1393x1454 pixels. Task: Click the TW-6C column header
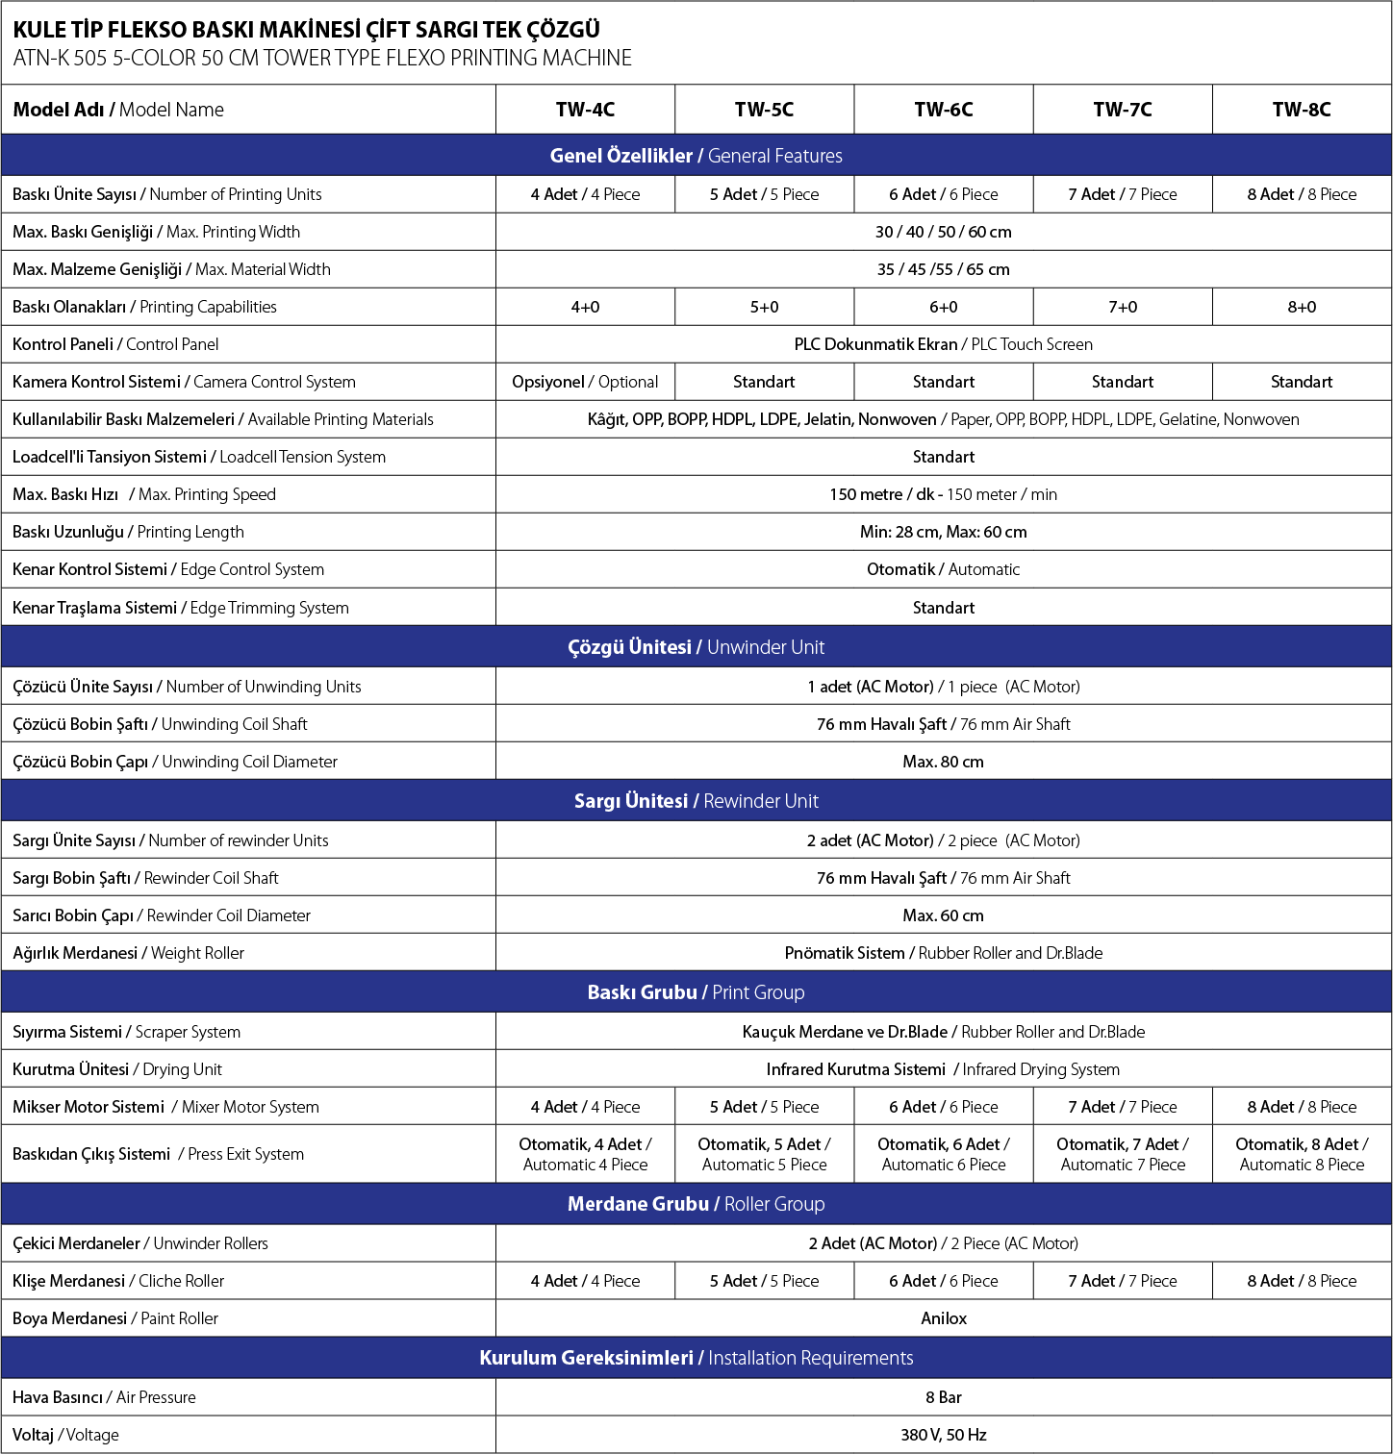943,110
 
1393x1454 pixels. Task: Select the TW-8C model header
1302,110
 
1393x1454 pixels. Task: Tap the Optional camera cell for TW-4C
585,382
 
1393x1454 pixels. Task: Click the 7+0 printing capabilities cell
1123,307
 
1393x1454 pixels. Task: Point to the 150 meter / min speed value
943,494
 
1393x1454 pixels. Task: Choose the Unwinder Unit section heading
696,647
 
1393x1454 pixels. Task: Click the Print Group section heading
696,992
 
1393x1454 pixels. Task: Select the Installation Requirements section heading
696,1358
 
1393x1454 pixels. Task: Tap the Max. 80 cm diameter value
943,762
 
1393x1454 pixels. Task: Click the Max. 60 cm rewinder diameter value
943,915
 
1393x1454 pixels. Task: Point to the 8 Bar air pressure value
943,1397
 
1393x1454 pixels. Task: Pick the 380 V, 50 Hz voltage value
943,1435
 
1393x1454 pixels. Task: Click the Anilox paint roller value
943,1318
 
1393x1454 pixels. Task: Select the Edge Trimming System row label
181,608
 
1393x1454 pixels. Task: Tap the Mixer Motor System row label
165,1107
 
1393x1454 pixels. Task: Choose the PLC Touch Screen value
943,344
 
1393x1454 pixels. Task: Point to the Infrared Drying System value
943,1069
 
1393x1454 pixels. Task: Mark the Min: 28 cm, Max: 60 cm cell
943,532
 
